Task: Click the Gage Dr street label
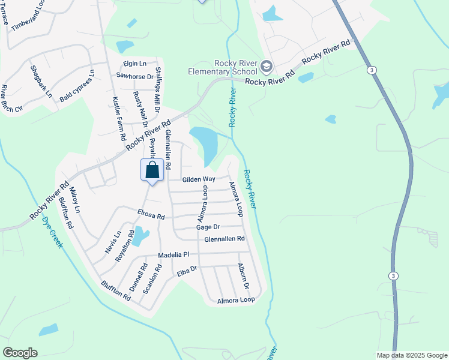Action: [x=208, y=227]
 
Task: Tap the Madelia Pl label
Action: [x=173, y=255]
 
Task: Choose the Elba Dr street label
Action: [x=187, y=272]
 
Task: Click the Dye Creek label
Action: [x=52, y=232]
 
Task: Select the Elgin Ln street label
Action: [x=134, y=64]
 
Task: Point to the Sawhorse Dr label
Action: [x=135, y=76]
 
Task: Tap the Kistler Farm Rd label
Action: [x=119, y=119]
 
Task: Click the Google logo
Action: [x=20, y=353]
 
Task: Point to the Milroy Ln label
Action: [x=74, y=200]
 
